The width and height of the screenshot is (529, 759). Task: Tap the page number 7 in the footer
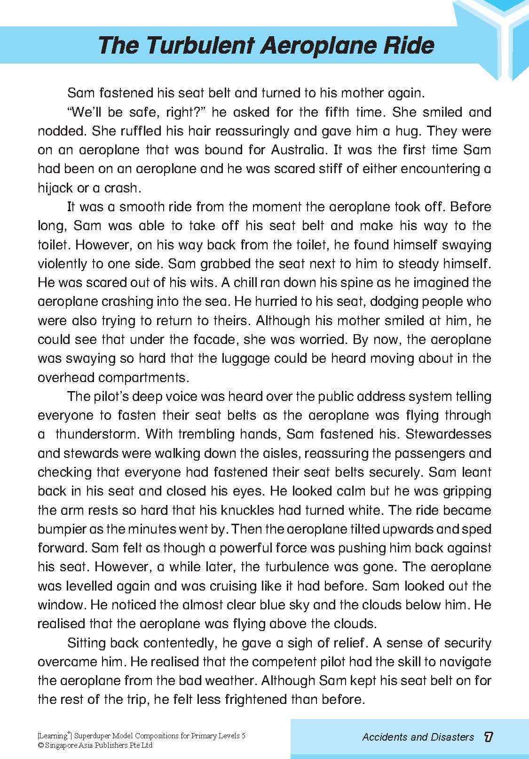488,736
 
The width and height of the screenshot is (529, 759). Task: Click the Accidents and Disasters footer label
418,737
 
